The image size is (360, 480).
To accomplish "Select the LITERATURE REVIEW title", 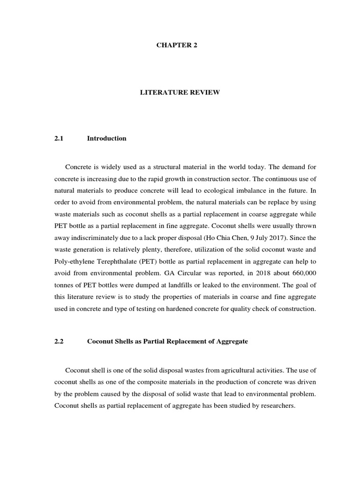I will (x=180, y=93).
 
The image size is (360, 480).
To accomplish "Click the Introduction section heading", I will (x=106, y=138).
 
